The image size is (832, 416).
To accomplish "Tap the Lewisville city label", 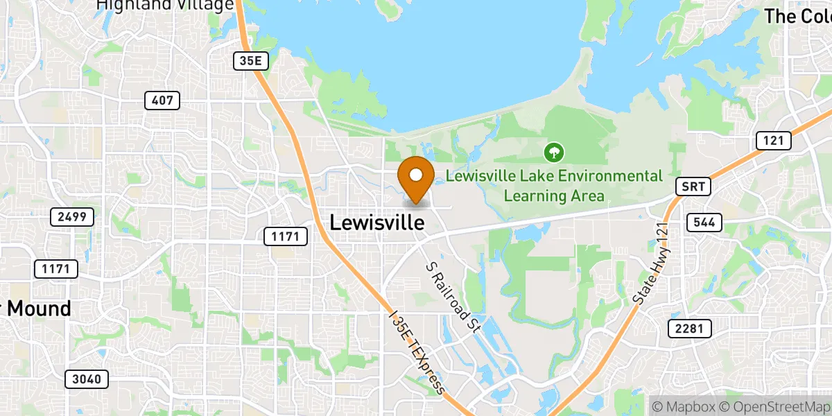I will (x=376, y=223).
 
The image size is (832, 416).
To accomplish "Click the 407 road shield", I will (x=162, y=101).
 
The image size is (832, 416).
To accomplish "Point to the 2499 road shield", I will (x=72, y=217).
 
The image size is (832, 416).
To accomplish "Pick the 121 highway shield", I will (x=773, y=141).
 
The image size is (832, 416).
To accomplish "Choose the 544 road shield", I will (x=704, y=223).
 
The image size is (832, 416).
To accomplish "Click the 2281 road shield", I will (x=689, y=329).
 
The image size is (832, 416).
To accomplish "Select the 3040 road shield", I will (x=87, y=379).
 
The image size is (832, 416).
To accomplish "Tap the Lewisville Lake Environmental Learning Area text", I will (x=554, y=186).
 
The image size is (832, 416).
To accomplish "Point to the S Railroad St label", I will (x=453, y=297).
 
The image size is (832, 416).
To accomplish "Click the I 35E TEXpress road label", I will (x=417, y=352).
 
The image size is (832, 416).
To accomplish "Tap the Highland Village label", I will (x=165, y=6).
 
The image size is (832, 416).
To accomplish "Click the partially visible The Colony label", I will (x=797, y=16).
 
